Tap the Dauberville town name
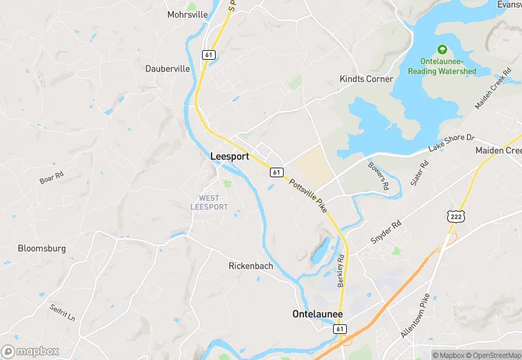(x=168, y=69)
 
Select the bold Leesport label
(x=229, y=157)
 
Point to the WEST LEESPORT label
(x=209, y=203)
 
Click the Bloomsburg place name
(x=42, y=249)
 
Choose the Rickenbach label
(x=251, y=266)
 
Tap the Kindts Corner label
(x=366, y=79)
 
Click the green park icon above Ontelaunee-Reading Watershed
(x=442, y=49)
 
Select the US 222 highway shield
(x=455, y=216)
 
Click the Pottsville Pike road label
(x=307, y=195)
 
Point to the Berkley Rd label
(x=341, y=271)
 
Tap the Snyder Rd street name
(x=386, y=232)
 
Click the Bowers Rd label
(x=378, y=176)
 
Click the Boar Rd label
(x=52, y=177)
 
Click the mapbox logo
(x=31, y=351)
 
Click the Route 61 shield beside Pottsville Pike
(x=275, y=172)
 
